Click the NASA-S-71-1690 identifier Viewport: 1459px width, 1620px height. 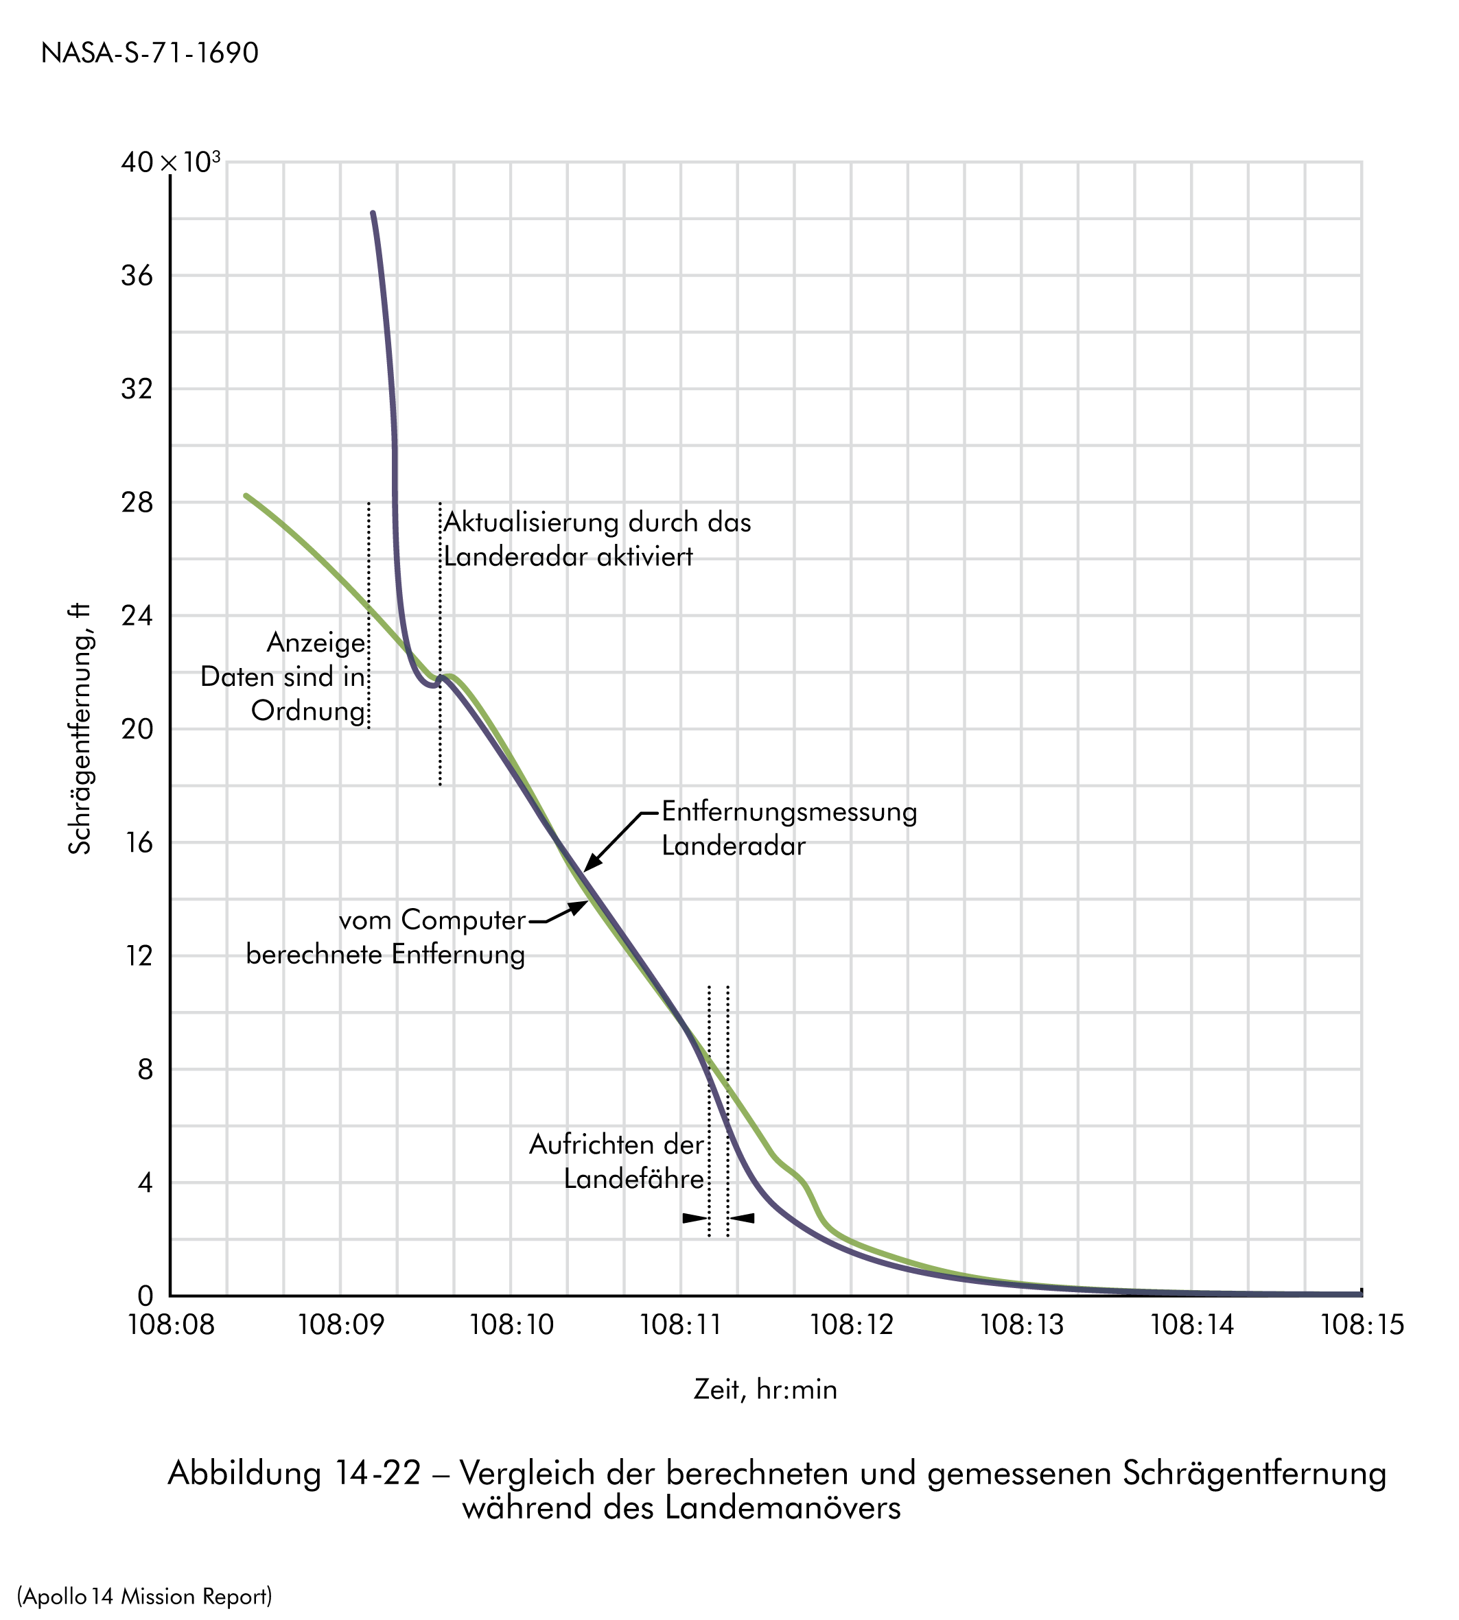[150, 53]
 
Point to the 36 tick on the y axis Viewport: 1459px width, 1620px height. [137, 276]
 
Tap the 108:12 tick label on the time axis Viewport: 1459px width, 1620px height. [852, 1325]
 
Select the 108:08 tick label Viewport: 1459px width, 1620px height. [171, 1325]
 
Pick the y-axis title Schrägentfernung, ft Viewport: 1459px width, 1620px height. [80, 729]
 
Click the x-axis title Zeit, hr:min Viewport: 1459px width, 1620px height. [764, 1390]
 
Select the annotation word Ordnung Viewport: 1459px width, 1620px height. [309, 711]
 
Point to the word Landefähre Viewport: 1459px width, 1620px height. [633, 1178]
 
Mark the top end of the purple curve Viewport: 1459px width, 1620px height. [373, 213]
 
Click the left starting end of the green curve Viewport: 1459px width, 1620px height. [246, 496]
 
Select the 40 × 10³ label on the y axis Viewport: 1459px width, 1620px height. [170, 163]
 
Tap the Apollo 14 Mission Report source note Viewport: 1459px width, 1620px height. [144, 1574]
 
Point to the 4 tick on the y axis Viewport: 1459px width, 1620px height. [144, 1183]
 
